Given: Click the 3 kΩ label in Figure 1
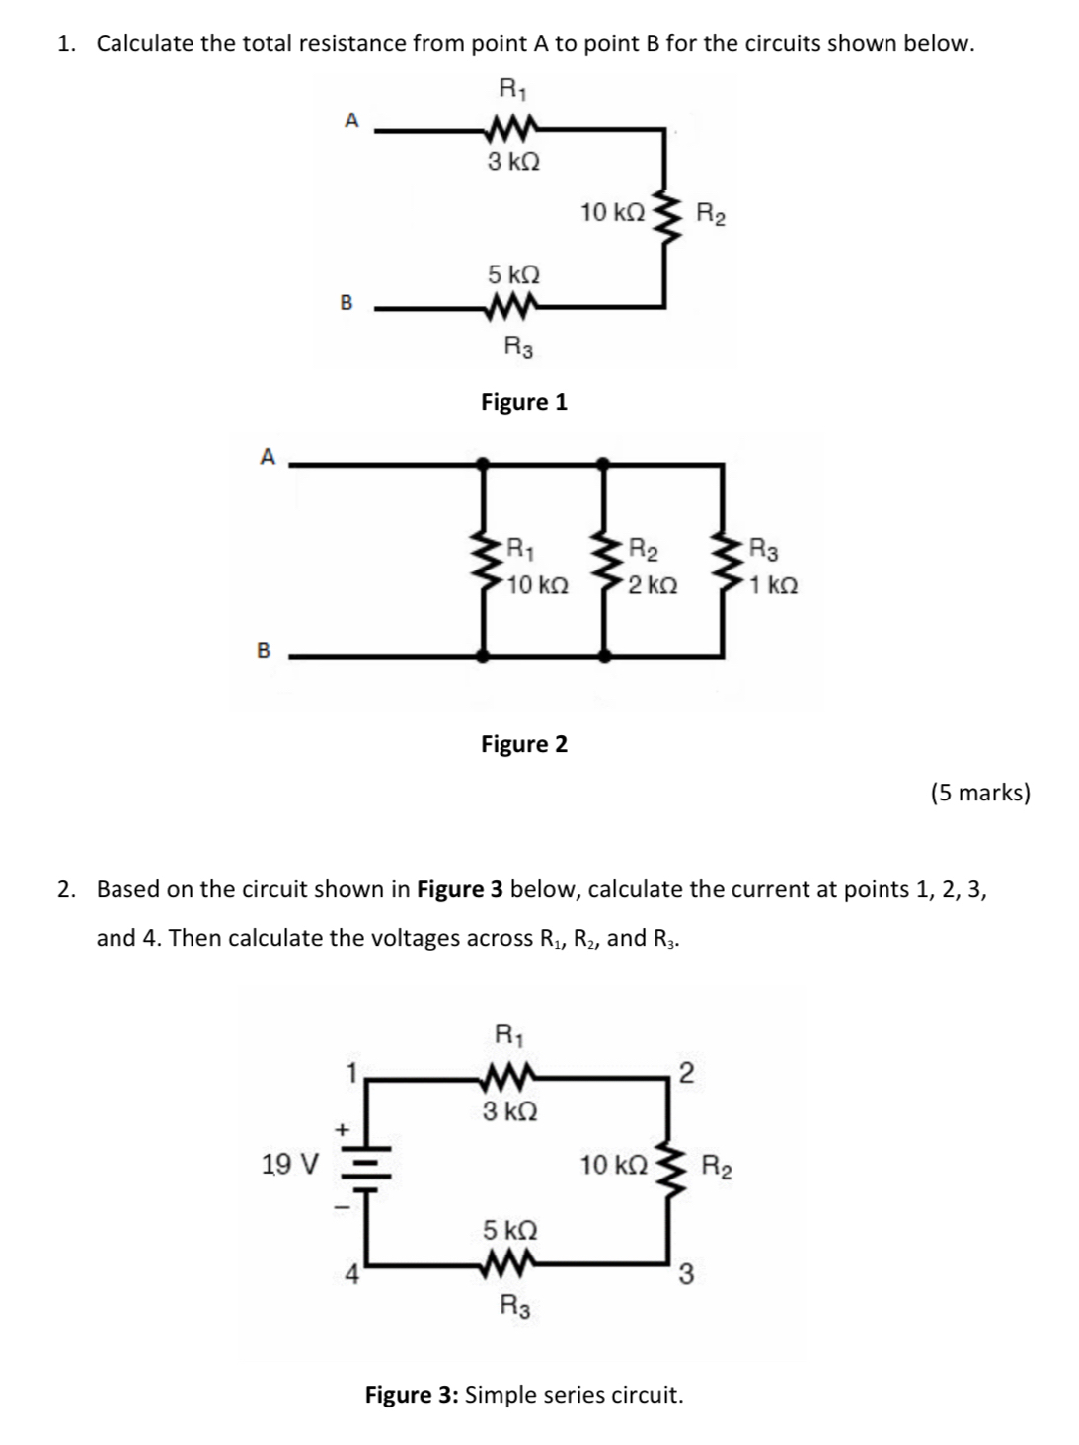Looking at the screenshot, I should [513, 162].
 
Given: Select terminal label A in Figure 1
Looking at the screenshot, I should [350, 120].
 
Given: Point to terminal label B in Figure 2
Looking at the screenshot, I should [264, 650].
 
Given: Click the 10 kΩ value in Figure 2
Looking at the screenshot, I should [538, 586].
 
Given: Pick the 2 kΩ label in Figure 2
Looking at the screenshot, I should [653, 586].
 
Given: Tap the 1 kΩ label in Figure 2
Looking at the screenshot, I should [774, 586].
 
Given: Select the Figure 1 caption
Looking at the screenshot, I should [523, 402].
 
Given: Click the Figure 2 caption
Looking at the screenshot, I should [523, 744].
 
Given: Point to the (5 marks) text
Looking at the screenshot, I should [979, 793].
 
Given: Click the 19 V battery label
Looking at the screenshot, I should [289, 1165].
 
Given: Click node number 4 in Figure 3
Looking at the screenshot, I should [349, 1274].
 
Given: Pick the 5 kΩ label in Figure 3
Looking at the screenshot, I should [509, 1231].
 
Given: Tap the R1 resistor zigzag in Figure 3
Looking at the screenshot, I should [509, 1076].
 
